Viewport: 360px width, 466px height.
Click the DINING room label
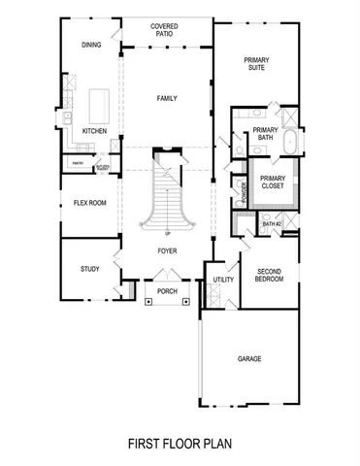pos(91,45)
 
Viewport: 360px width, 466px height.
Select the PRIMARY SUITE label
pos(256,64)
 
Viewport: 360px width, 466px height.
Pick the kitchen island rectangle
pos(99,103)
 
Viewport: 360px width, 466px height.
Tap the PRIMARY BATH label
pos(265,134)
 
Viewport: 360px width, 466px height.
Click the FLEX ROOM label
pos(88,204)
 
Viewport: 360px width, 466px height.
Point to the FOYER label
pos(167,250)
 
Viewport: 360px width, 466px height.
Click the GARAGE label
pos(249,358)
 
